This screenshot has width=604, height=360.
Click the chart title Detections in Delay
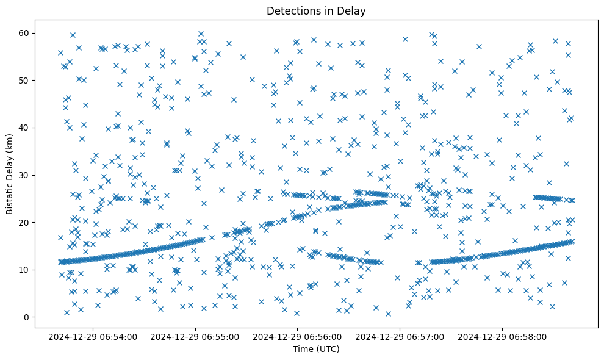click(x=316, y=10)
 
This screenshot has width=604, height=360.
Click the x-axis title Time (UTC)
click(x=316, y=349)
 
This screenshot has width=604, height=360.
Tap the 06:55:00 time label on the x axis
click(x=196, y=336)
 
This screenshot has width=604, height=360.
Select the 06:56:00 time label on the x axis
click(x=298, y=336)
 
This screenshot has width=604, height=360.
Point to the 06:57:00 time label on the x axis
click(x=401, y=336)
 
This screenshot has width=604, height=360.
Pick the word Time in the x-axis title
click(x=303, y=349)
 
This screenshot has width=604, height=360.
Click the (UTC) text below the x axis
click(x=327, y=349)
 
